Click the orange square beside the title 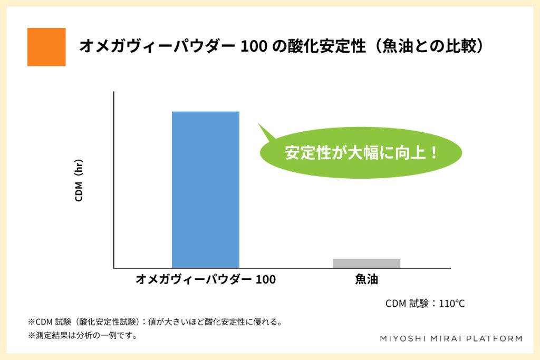click(x=46, y=47)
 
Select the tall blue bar click(x=206, y=189)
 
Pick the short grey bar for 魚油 click(x=367, y=264)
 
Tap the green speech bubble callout click(x=360, y=152)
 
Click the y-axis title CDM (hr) click(x=79, y=180)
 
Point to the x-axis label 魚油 click(x=367, y=279)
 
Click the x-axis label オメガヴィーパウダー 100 click(x=206, y=279)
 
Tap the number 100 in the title click(x=254, y=46)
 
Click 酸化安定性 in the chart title click(x=326, y=46)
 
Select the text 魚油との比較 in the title click(x=429, y=46)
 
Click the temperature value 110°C click(x=452, y=304)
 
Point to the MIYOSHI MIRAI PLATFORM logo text click(x=451, y=339)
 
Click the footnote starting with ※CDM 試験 click(x=155, y=322)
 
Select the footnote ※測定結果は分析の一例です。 click(x=83, y=335)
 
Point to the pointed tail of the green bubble click(x=259, y=124)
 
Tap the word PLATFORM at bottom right click(x=494, y=339)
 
